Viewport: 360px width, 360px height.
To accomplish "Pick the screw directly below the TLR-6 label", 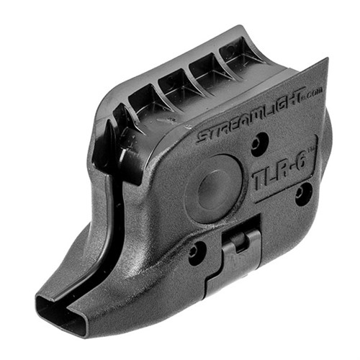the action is click(x=302, y=193).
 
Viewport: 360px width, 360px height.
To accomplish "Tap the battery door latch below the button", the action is click(x=241, y=250).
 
